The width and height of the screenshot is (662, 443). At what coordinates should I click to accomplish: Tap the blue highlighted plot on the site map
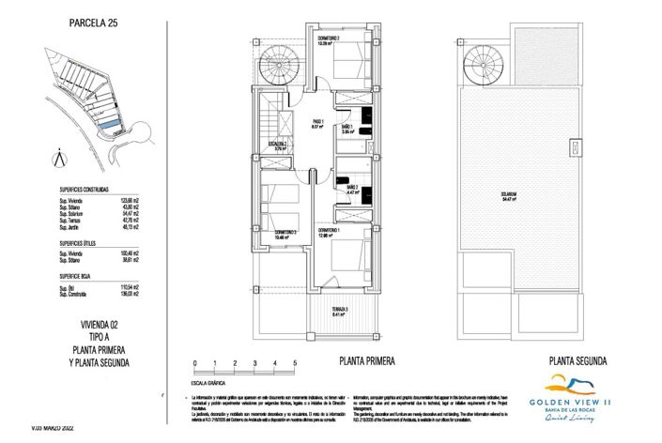tap(110, 124)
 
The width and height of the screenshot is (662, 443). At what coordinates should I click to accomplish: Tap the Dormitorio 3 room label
tap(285, 235)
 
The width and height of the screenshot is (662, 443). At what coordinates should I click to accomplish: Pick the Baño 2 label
tap(352, 190)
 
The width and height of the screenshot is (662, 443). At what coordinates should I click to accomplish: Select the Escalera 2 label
tap(279, 145)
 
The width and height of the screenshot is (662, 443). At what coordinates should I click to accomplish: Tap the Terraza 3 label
tap(340, 313)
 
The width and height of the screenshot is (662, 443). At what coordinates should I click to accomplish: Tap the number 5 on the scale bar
tap(295, 363)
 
